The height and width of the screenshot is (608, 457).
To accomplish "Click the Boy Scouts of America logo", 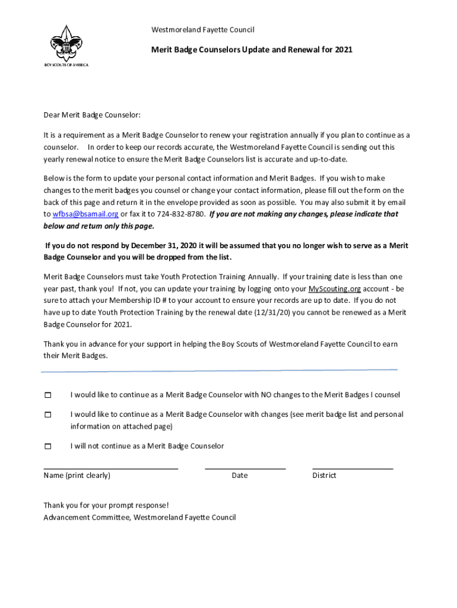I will [x=66, y=45].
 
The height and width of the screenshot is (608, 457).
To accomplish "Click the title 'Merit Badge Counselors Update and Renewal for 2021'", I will [x=252, y=50].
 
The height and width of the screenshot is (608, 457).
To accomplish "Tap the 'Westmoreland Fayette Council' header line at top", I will [x=203, y=30].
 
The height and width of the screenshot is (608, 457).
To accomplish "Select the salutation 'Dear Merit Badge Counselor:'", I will [x=92, y=115].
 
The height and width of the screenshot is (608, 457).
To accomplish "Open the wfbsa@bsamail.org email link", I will [x=85, y=214].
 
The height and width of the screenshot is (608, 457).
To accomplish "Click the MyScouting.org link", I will [x=335, y=289].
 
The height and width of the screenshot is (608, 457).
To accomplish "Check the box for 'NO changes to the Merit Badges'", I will [x=48, y=395].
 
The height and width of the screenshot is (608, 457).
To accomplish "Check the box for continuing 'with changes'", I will [x=48, y=414].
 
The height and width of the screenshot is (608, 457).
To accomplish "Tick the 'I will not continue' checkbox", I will [x=48, y=446].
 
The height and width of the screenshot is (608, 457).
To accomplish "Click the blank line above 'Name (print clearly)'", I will [x=111, y=468].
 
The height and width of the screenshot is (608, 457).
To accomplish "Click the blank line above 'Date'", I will [x=245, y=468].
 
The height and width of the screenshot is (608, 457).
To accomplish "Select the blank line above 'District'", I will [x=353, y=468].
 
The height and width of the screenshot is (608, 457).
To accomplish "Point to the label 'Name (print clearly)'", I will [x=77, y=476].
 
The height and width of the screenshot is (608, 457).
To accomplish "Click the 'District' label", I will [x=324, y=476].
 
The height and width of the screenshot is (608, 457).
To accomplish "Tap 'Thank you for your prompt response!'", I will [x=106, y=505].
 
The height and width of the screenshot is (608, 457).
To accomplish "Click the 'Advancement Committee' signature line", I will [x=139, y=517].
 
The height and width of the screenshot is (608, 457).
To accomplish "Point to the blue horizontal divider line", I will [x=219, y=371].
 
